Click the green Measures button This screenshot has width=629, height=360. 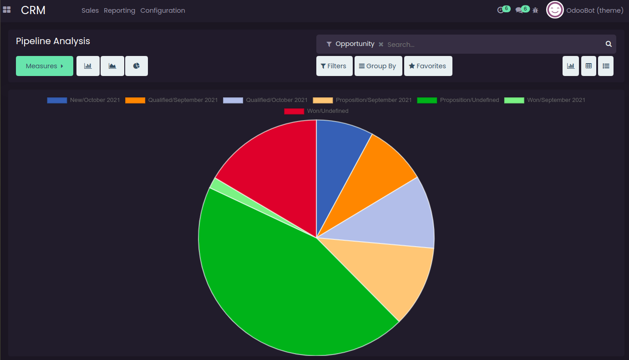tap(44, 66)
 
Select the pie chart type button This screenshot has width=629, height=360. tap(136, 66)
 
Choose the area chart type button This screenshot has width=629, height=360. tap(112, 66)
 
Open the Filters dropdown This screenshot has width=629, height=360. tap(334, 66)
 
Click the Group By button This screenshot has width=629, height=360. tap(378, 66)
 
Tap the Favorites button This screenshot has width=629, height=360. tap(428, 66)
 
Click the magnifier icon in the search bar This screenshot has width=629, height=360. tap(609, 44)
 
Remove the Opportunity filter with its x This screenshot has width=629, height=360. tap(381, 44)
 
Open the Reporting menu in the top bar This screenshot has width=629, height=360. tap(119, 10)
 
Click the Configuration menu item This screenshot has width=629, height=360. tap(162, 10)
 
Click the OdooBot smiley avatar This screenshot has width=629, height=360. tap(555, 10)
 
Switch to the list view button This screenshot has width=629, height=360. tap(606, 66)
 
